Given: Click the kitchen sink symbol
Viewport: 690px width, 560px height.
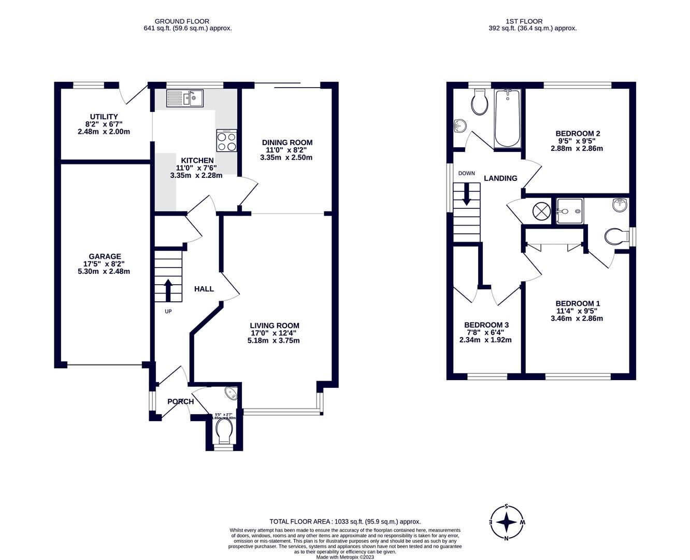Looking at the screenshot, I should pyautogui.click(x=185, y=98).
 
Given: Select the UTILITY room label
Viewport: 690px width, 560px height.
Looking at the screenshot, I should pyautogui.click(x=104, y=117).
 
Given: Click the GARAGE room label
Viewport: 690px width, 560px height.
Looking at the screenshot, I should pyautogui.click(x=105, y=256).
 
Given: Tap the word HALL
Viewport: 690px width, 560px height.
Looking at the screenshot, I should pyautogui.click(x=204, y=289).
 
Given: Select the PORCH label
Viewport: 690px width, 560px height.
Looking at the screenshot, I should pyautogui.click(x=180, y=401).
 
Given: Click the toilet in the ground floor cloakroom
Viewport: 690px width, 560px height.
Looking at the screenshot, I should pyautogui.click(x=224, y=430).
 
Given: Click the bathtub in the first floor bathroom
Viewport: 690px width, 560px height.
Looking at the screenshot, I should pyautogui.click(x=507, y=118).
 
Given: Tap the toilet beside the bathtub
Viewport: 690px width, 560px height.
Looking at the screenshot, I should pyautogui.click(x=479, y=103).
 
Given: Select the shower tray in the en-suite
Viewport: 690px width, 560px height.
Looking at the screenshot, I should pyautogui.click(x=569, y=211).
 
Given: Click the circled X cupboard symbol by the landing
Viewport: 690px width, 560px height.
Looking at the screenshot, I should pyautogui.click(x=541, y=212).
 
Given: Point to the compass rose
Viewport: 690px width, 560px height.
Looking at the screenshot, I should pyautogui.click(x=507, y=522).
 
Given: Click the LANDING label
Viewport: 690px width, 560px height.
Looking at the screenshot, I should pyautogui.click(x=500, y=178).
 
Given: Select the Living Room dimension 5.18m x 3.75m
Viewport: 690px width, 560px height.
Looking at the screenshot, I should pyautogui.click(x=274, y=341).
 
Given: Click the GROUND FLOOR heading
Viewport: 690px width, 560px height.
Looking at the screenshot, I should pyautogui.click(x=188, y=21).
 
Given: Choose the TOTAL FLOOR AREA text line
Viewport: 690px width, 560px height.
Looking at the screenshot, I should pyautogui.click(x=345, y=522).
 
